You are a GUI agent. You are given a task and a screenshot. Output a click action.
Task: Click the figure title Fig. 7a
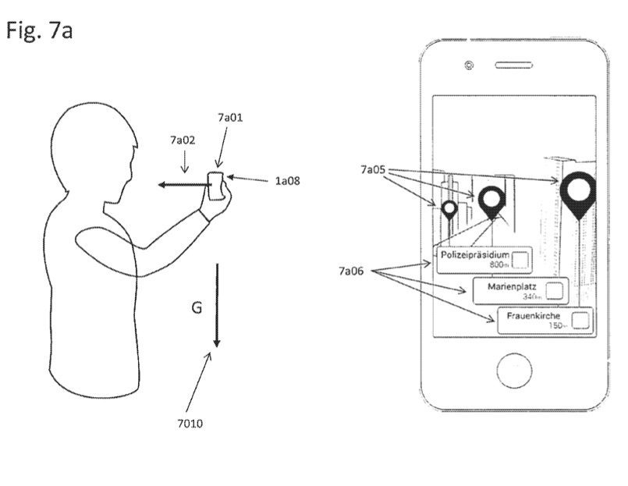(39, 30)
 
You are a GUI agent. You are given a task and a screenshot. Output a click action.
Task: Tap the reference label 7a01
(230, 117)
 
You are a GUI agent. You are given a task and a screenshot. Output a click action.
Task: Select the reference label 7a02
(183, 140)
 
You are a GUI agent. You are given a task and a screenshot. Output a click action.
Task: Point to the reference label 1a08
(287, 181)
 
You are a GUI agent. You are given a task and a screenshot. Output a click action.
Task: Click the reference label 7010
(190, 423)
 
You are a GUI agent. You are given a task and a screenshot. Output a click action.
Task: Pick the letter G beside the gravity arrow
(197, 307)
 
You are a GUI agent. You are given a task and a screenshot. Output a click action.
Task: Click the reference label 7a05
(373, 169)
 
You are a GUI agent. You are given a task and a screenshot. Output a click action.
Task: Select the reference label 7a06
(351, 271)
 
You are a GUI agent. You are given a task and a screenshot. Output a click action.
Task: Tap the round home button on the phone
(514, 371)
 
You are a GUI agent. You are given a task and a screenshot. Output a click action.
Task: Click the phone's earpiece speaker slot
(514, 66)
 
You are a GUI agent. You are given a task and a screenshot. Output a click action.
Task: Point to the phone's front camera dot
(469, 65)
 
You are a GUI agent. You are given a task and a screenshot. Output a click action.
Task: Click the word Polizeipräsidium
(475, 254)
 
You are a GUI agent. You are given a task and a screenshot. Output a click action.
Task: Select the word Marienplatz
(512, 287)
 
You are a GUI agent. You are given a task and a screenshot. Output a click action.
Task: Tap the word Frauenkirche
(533, 316)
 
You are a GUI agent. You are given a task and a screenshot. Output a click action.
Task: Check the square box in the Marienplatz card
(555, 290)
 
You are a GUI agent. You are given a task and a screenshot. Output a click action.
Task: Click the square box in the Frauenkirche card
(580, 320)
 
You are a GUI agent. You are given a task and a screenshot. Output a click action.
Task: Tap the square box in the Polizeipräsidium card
(520, 260)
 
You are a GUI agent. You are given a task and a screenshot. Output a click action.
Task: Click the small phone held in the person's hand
(216, 186)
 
